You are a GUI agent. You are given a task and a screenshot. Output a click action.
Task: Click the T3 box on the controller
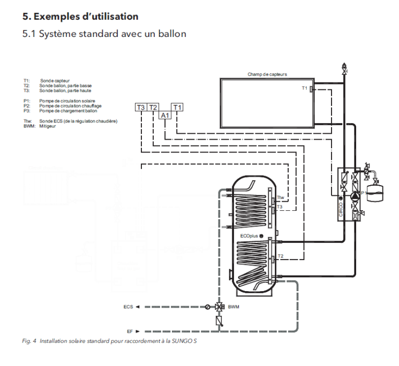pyautogui.click(x=141, y=108)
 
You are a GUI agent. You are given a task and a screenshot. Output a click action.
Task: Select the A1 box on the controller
pyautogui.click(x=165, y=116)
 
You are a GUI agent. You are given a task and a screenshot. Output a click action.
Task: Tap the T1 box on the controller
pyautogui.click(x=178, y=108)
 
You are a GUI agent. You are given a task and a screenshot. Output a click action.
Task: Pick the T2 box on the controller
pyautogui.click(x=153, y=108)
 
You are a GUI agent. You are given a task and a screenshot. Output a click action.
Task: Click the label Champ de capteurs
pyautogui.click(x=267, y=74)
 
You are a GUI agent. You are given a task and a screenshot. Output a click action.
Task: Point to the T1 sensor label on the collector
pyautogui.click(x=304, y=88)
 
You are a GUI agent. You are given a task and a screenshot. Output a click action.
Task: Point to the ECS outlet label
pyautogui.click(x=128, y=307)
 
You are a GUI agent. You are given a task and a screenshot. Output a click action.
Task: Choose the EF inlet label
pyautogui.click(x=130, y=331)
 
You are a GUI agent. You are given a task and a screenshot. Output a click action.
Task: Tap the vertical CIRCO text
pyautogui.click(x=341, y=208)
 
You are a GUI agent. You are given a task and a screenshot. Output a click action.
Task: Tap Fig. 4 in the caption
pyautogui.click(x=29, y=340)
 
